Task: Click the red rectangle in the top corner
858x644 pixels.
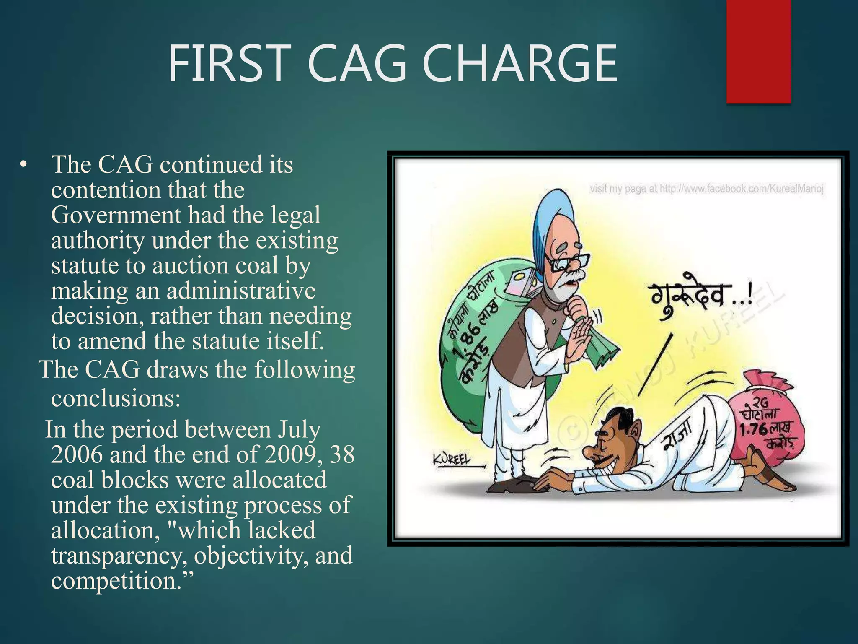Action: point(758,51)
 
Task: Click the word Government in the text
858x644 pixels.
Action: point(116,215)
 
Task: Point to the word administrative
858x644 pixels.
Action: point(241,291)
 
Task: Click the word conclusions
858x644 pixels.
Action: point(115,398)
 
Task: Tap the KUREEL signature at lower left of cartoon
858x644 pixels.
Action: point(451,460)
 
